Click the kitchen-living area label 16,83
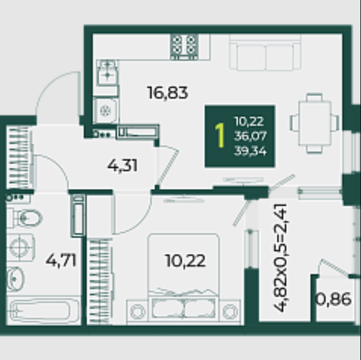[x=167, y=93]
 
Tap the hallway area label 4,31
[x=123, y=166]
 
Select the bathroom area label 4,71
[x=61, y=261]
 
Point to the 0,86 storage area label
[x=334, y=299]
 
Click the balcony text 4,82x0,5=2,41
[x=280, y=258]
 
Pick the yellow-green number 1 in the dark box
[x=220, y=135]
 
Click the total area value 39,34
[x=251, y=151]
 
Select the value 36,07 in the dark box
[x=251, y=136]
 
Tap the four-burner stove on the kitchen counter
[x=184, y=47]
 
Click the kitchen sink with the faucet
[x=108, y=73]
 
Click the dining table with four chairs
[x=314, y=123]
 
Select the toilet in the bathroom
[x=24, y=218]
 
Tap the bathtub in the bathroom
[x=44, y=311]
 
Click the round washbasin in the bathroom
[x=15, y=279]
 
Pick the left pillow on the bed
[x=167, y=309]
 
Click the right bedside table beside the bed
[x=230, y=311]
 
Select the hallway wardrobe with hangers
[x=19, y=157]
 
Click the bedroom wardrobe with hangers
[x=100, y=281]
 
